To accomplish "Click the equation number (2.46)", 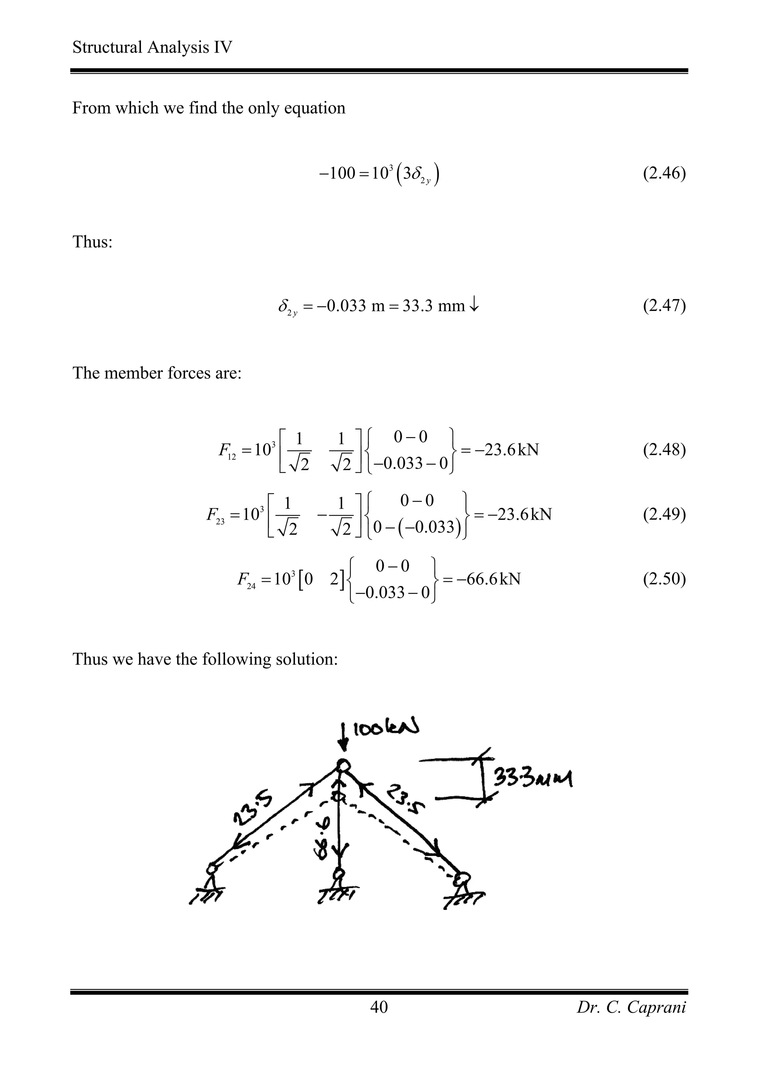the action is pyautogui.click(x=664, y=174).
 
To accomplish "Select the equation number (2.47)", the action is pyautogui.click(x=664, y=306).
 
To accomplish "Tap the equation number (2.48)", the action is pyautogui.click(x=664, y=450).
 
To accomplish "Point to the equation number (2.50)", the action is pyautogui.click(x=664, y=579).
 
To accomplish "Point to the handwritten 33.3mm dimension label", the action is pyautogui.click(x=533, y=778).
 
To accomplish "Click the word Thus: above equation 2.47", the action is pyautogui.click(x=93, y=242).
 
